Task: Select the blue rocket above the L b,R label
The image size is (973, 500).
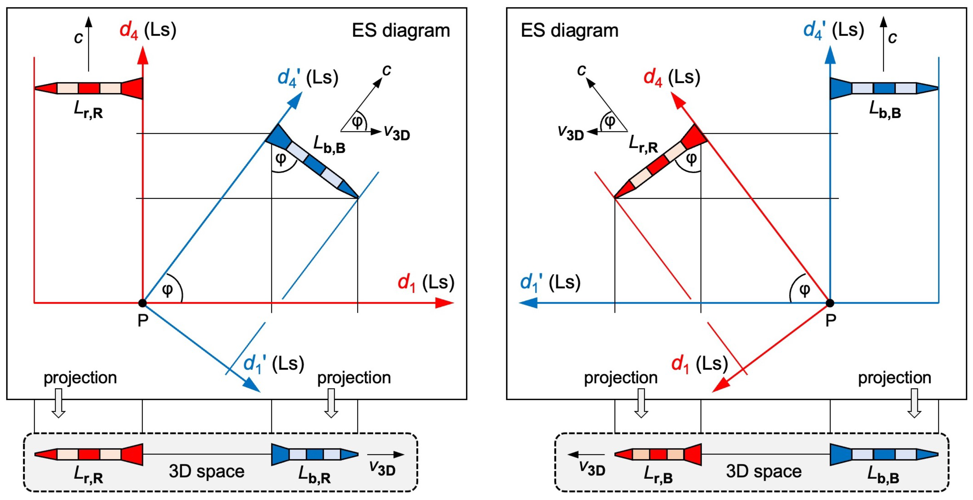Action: pyautogui.click(x=314, y=454)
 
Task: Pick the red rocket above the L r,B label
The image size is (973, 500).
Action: pyautogui.click(x=658, y=454)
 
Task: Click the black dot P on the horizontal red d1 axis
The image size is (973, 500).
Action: pyautogui.click(x=142, y=303)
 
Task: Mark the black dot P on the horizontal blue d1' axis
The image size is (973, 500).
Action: pyautogui.click(x=830, y=303)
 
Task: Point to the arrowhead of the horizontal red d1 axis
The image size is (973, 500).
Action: pyautogui.click(x=446, y=303)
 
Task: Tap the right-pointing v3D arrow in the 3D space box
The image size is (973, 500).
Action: pyautogui.click(x=385, y=455)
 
